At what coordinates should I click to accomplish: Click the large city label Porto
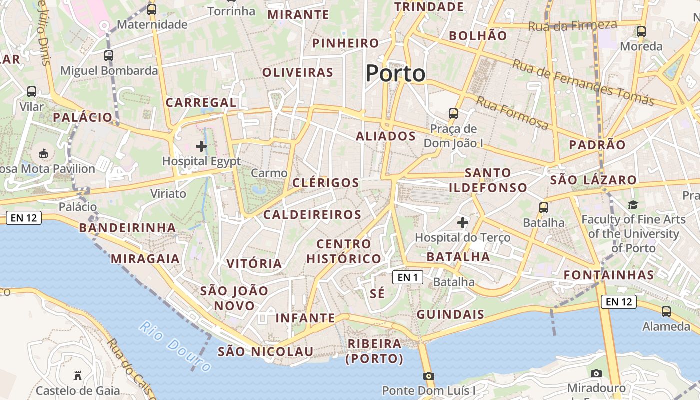pos(395,74)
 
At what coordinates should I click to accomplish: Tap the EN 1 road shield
pos(408,277)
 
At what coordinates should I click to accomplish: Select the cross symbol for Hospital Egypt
pos(201,146)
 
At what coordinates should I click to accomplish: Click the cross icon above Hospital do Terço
pos(463,222)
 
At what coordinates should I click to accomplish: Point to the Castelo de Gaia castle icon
pos(78,375)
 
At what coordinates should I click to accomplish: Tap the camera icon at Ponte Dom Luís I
pos(428,376)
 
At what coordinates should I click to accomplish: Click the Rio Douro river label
pos(175,346)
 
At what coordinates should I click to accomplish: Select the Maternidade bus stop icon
pos(152,9)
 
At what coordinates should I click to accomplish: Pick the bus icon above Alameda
pos(666,312)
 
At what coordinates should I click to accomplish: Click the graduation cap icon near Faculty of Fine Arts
pos(633,205)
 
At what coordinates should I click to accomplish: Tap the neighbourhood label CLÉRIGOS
pos(325,183)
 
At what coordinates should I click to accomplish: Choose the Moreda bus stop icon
pos(641,32)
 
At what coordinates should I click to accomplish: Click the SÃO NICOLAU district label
pos(265,351)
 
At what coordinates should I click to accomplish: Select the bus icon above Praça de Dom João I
pos(453,114)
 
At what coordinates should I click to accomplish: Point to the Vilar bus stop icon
pos(32,92)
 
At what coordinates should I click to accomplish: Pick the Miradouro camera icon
pos(596,373)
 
